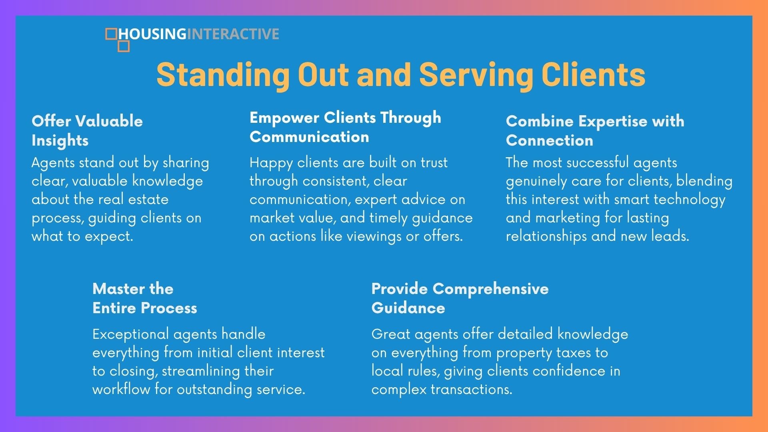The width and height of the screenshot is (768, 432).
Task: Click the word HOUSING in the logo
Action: point(152,34)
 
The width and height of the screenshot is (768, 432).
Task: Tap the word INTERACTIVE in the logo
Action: point(233,34)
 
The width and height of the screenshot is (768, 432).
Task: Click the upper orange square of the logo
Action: point(111,34)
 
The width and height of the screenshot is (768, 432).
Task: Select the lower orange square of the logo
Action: point(124,46)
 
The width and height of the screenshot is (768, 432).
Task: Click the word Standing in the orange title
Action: point(223,75)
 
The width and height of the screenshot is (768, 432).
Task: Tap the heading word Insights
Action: point(60,141)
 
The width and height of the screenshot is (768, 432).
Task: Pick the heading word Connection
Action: point(550,140)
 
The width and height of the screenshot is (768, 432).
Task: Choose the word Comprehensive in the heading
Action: point(491,289)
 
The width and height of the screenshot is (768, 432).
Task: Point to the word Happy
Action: point(271,163)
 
